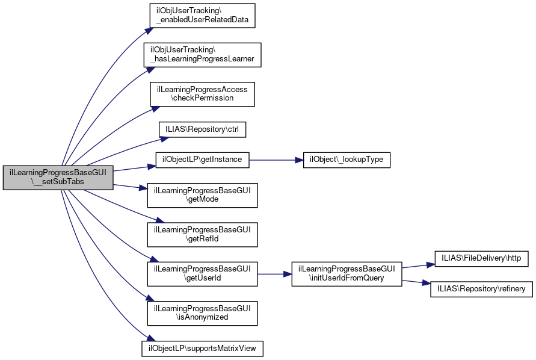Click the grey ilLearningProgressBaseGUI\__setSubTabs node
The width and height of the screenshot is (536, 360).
pyautogui.click(x=58, y=178)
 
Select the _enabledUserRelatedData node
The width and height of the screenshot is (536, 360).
pyautogui.click(x=202, y=15)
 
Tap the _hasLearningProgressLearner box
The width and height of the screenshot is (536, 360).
pyautogui.click(x=202, y=54)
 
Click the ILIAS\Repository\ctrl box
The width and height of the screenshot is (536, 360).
pyautogui.click(x=202, y=129)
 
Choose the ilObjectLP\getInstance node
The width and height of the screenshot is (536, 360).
pyautogui.click(x=202, y=160)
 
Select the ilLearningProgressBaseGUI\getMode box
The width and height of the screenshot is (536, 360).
pyautogui.click(x=202, y=194)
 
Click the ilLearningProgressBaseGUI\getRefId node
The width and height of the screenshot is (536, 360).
pyautogui.click(x=202, y=234)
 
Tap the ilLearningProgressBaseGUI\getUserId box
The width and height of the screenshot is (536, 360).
pyautogui.click(x=202, y=274)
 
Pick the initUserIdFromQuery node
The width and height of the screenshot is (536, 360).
pyautogui.click(x=346, y=274)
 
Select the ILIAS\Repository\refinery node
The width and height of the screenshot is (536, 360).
pyautogui.click(x=481, y=289)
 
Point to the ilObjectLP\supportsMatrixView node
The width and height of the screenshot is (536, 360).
pyautogui.click(x=202, y=348)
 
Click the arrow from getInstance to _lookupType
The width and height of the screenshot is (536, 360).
pyautogui.click(x=274, y=160)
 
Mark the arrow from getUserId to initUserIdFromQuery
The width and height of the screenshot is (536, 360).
pyautogui.click(x=274, y=274)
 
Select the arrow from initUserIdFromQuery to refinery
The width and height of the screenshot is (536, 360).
pyautogui.click(x=416, y=282)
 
